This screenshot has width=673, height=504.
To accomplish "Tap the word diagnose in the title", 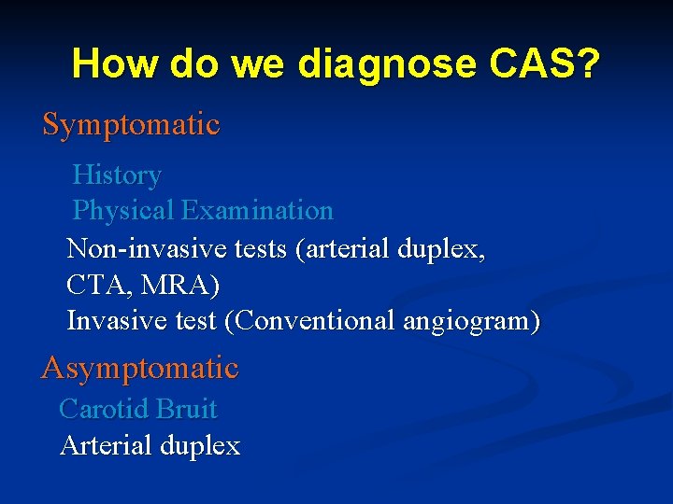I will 386,64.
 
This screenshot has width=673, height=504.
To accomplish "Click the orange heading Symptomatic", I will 131,125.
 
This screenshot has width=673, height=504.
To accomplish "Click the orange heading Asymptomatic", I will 140,368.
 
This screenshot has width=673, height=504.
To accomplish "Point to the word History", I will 117,175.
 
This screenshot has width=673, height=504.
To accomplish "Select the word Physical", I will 123,211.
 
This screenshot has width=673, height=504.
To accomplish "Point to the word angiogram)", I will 471,320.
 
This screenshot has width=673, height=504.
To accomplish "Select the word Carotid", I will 105,409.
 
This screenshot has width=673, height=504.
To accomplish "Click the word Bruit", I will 187,409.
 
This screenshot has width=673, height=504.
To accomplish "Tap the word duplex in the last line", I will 200,446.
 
